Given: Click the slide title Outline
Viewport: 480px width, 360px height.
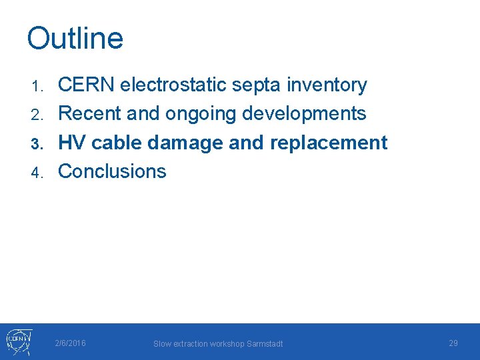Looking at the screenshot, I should [75, 38].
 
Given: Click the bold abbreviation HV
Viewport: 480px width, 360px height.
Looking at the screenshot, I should [73, 143].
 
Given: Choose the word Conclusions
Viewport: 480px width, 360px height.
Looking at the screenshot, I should [112, 171].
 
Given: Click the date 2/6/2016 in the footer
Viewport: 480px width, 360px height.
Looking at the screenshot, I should [71, 343].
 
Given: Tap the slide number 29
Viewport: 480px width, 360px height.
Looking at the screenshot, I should [453, 343].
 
